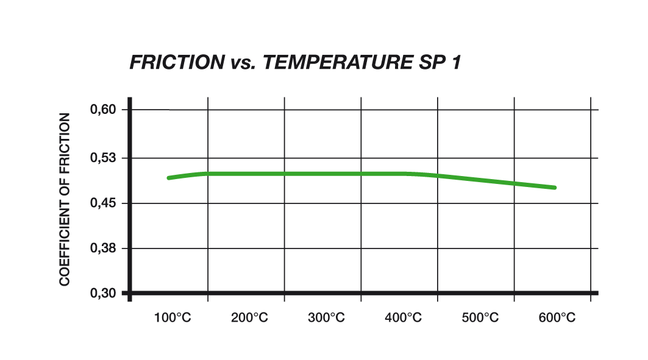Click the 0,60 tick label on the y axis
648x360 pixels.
tap(102, 110)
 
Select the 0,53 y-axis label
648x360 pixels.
tap(102, 158)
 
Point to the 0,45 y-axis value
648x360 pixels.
tap(102, 203)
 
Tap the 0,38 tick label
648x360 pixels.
tap(102, 249)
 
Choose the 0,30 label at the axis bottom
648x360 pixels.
tap(102, 293)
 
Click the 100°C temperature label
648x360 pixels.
tap(174, 317)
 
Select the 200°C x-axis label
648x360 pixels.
tap(250, 317)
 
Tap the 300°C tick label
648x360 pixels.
tap(326, 317)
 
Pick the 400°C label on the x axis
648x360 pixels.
tap(403, 317)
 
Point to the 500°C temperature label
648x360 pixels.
tap(480, 317)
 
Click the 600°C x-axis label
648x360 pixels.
tap(557, 317)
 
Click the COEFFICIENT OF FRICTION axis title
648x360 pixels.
tap(65, 199)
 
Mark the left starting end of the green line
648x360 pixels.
tap(169, 178)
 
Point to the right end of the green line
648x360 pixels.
tap(555, 188)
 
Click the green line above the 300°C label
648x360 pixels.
tap(326, 174)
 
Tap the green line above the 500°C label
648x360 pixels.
tap(480, 180)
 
